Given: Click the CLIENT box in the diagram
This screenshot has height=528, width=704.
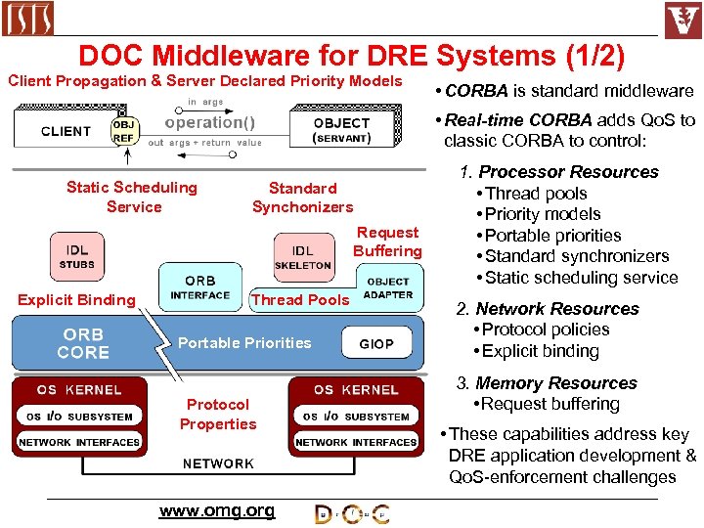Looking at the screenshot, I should coord(66,131).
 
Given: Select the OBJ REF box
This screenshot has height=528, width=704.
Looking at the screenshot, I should coord(124,131).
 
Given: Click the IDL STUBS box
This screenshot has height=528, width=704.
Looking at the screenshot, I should coord(77,257).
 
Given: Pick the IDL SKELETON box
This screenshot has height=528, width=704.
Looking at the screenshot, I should coord(303,257).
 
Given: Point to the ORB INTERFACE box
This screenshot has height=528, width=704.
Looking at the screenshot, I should coord(199,287).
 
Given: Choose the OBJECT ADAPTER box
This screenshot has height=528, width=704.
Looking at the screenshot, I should coord(388,287).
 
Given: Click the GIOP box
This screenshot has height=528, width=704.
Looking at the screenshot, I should coord(376,343).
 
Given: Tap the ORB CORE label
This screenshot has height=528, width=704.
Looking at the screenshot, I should coord(83,343).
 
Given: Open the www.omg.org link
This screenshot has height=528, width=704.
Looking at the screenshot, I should coord(217,510).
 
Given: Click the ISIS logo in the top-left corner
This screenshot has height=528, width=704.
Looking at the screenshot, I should coord(28,18).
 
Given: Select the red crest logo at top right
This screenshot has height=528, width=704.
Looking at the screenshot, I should coord(682,20).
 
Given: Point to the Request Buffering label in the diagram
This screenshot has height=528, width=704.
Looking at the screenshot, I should coord(387,242).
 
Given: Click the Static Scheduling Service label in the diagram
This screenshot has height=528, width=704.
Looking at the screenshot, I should coord(132,197).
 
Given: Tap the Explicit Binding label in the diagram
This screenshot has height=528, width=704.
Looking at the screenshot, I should coord(76,299).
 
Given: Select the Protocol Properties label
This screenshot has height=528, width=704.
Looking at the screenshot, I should coord(218,414).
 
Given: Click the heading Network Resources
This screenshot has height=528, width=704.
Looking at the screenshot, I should coord(556,309).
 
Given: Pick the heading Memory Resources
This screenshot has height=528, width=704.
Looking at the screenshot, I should coord(555,383).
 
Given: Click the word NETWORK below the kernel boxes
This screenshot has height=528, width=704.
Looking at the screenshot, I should coord(218,463).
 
